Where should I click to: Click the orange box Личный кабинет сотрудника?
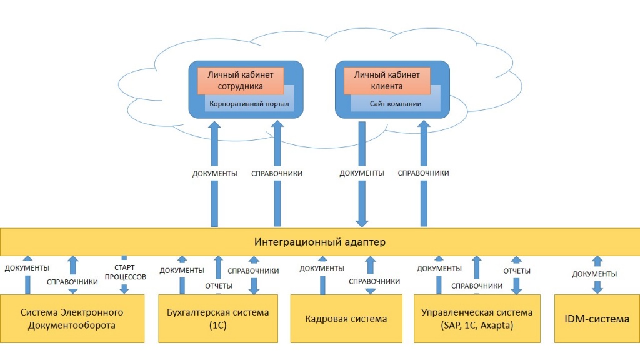241,80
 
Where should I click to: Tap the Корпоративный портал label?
249,104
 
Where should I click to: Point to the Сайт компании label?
394,104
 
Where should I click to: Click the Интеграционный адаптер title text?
319,242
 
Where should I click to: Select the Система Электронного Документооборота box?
72,318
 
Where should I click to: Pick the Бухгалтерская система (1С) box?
218,318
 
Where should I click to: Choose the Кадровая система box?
346,318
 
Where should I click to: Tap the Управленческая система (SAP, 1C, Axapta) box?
477,318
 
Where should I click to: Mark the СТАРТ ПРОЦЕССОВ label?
125,272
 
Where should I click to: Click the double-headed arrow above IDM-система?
597,274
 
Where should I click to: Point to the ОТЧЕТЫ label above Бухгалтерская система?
219,286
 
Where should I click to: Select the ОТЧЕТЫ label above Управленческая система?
517,271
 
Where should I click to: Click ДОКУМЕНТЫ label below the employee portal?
214,173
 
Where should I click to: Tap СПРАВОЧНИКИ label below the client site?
424,173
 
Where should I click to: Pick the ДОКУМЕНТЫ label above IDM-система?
595,274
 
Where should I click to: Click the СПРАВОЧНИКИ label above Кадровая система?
374,281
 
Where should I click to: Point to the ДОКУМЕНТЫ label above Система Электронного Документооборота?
27,268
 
